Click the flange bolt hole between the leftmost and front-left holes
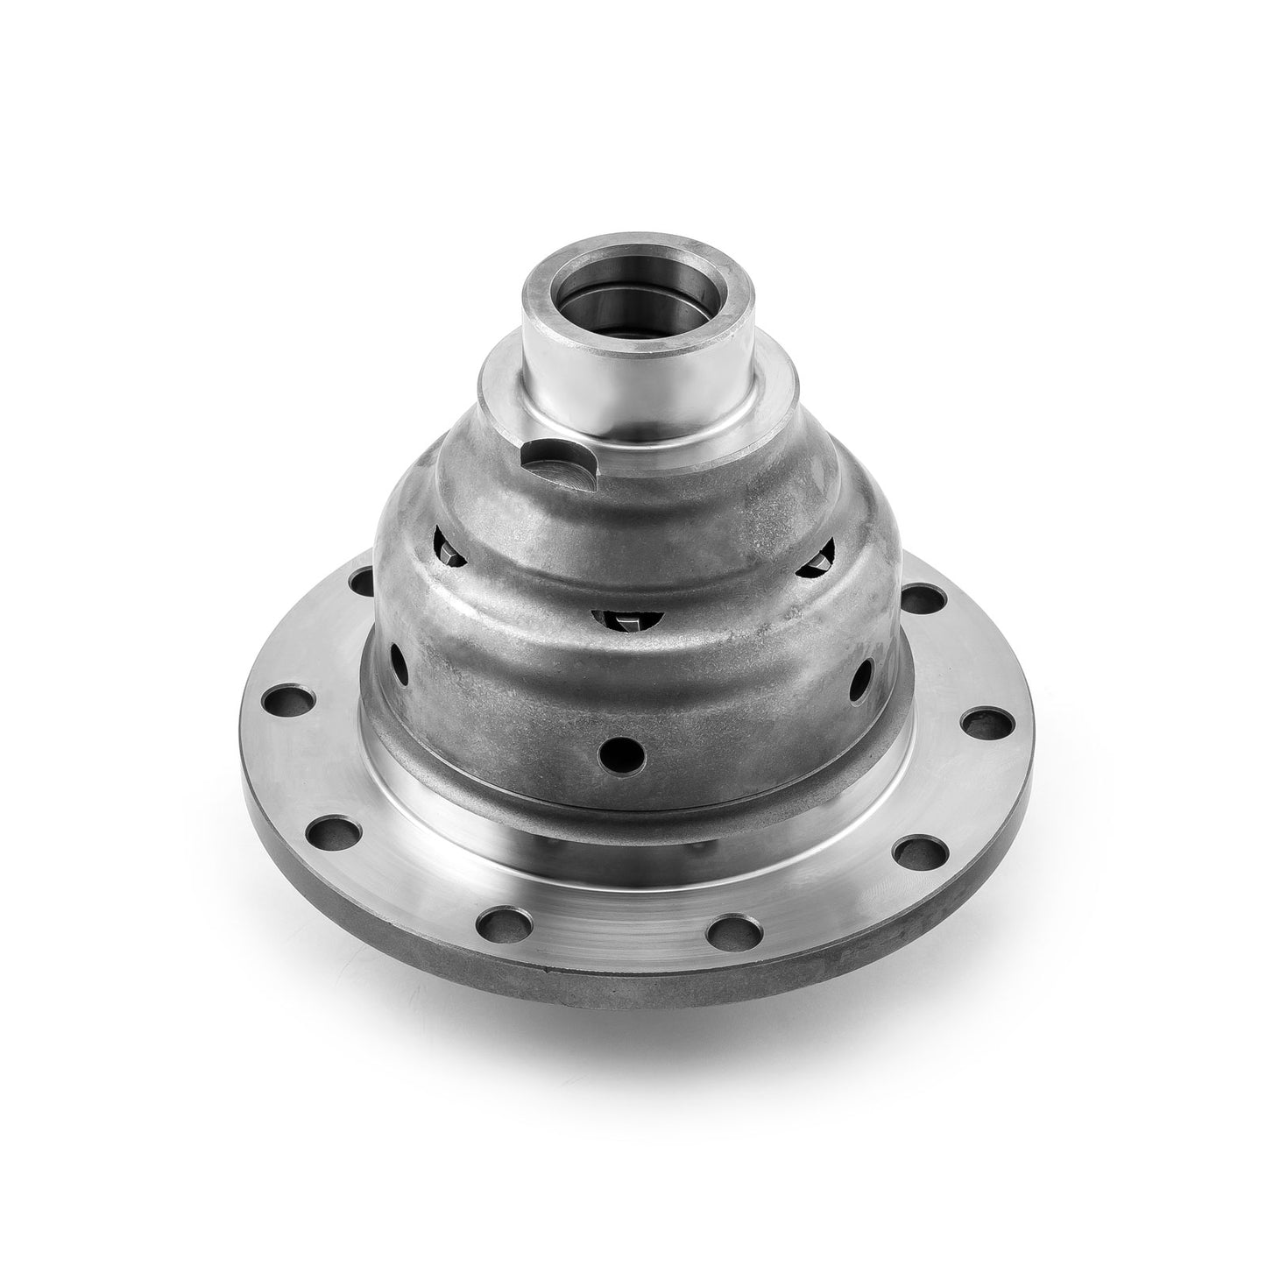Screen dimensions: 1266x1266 click(x=336, y=829)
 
